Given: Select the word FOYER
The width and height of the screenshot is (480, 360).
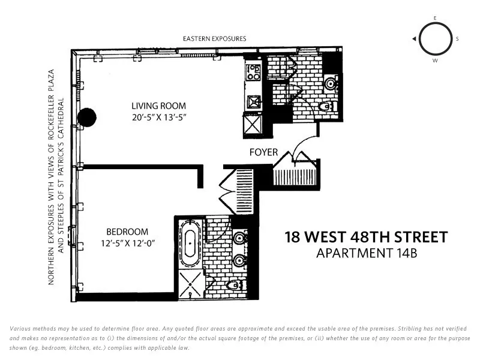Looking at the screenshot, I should (263, 152).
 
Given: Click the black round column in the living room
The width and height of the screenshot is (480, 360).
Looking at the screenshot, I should (88, 116).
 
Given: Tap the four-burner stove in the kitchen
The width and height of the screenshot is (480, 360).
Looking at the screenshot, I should (253, 72).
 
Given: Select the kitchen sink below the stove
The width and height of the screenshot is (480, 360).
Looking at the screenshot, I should (253, 100).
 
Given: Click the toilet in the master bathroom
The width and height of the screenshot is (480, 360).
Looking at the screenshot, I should (235, 284).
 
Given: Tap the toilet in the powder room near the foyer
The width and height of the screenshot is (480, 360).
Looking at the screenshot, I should (326, 107).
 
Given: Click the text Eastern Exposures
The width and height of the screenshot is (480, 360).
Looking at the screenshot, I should (214, 39).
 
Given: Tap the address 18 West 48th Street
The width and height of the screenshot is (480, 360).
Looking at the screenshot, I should (365, 237).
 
